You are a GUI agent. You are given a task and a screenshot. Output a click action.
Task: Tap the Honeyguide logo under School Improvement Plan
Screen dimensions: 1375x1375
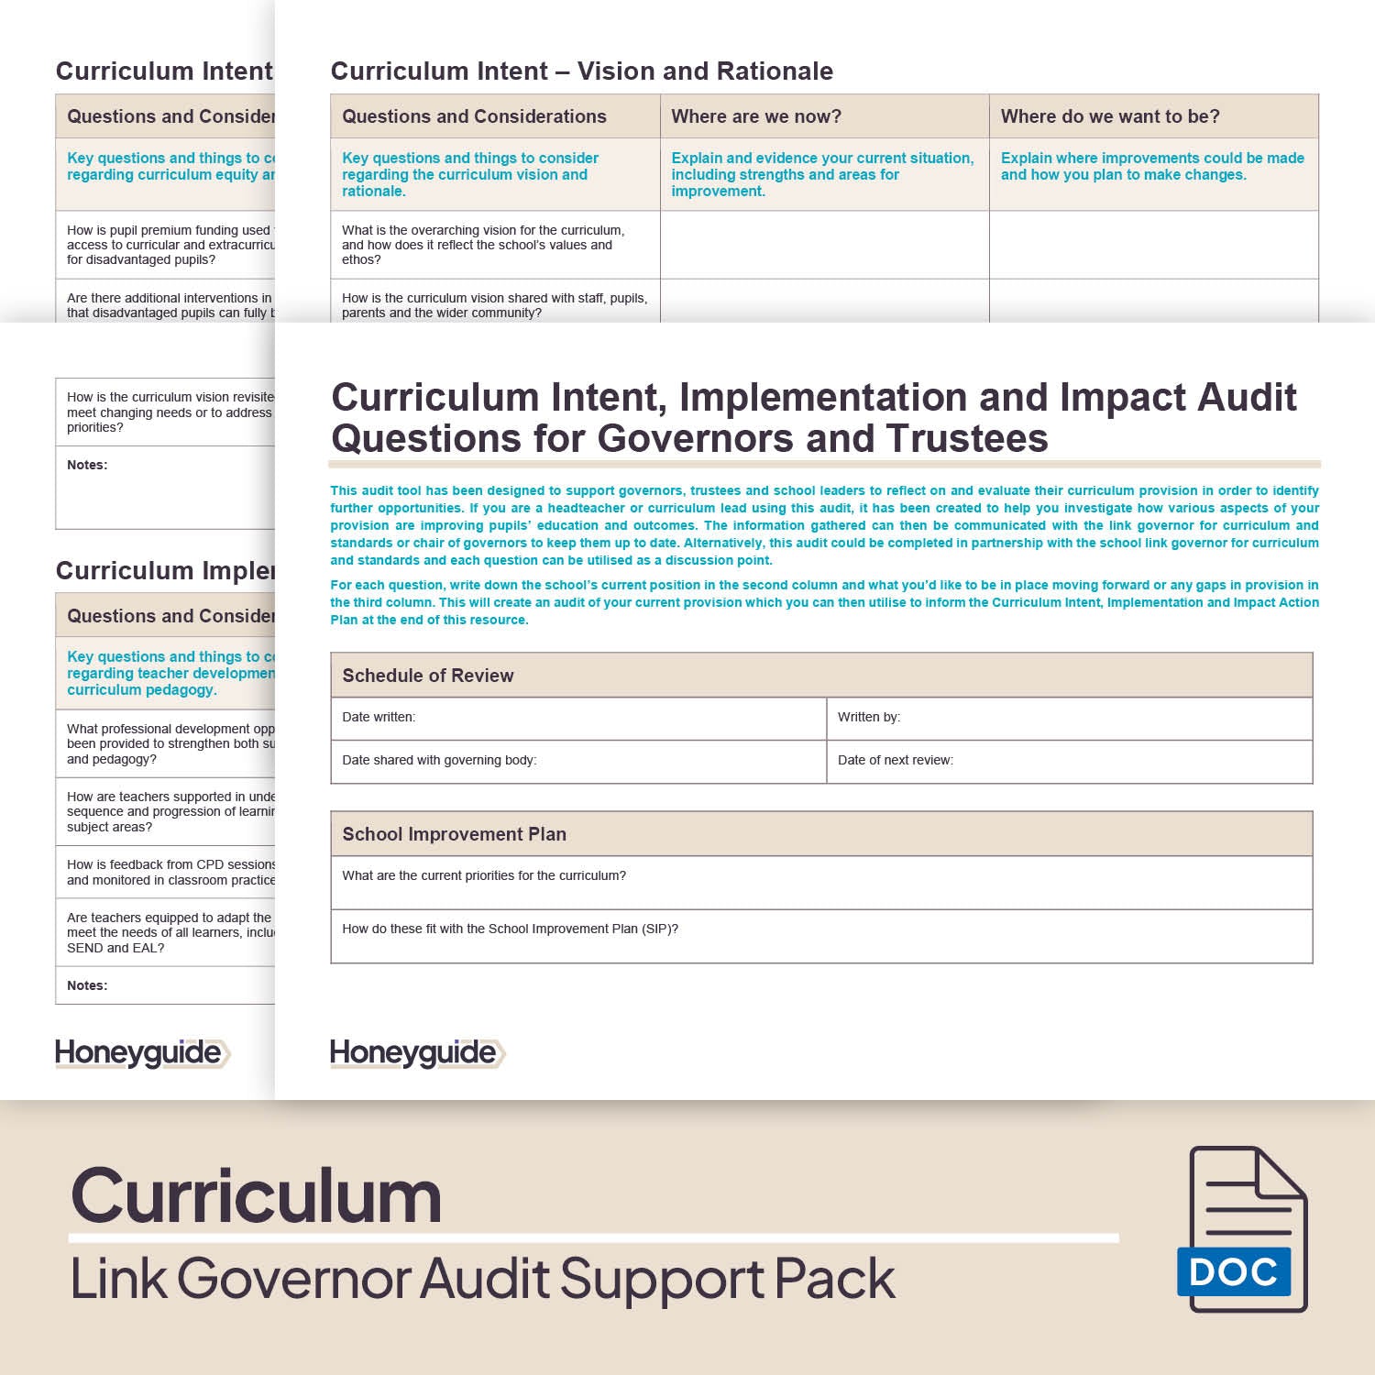417,1053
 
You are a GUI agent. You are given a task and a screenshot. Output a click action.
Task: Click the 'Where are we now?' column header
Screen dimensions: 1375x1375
756,116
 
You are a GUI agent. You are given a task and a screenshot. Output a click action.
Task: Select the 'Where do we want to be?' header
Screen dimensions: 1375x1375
1110,116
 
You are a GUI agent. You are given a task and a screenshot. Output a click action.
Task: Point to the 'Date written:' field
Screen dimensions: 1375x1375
379,717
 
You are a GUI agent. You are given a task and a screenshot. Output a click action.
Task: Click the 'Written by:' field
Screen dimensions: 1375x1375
869,717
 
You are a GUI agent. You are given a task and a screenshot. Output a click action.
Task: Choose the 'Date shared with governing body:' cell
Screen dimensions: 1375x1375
439,760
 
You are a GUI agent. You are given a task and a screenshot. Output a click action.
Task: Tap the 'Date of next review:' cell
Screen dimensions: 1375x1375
896,760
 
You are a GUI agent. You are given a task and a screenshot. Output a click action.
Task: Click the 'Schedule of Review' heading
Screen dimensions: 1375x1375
428,676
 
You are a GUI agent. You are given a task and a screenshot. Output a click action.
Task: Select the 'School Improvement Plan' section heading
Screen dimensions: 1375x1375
455,834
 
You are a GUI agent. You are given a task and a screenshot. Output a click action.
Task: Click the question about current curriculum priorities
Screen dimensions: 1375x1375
484,875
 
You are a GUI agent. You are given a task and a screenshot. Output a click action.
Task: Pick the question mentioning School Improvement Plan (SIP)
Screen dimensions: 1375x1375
511,929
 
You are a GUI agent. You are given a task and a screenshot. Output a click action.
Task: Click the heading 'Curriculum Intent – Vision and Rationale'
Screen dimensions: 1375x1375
582,71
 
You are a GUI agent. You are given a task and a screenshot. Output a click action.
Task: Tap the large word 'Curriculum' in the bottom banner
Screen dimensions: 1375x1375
257,1196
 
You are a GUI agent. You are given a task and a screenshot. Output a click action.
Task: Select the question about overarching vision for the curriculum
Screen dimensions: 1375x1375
483,245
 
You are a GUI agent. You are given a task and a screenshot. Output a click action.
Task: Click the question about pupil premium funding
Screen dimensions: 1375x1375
170,245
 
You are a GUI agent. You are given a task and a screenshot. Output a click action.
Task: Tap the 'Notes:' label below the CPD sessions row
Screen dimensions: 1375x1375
87,985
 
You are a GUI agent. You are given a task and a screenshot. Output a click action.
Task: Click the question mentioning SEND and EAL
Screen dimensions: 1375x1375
170,932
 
